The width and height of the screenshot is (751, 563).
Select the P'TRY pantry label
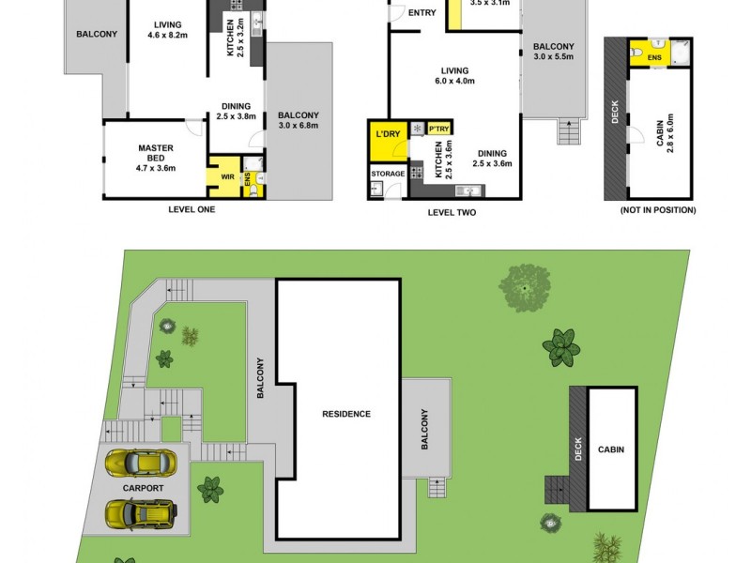438,129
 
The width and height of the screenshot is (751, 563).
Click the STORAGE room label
388,174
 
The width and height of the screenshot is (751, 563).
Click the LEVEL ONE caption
191,209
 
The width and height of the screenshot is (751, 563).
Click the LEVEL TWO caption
452,212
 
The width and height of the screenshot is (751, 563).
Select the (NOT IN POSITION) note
658,210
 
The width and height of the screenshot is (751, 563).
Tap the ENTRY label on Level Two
422,12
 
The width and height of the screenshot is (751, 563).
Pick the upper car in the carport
141,463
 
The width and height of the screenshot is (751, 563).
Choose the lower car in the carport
141,513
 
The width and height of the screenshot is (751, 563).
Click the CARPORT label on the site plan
143,488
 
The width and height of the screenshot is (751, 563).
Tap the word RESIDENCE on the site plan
346,414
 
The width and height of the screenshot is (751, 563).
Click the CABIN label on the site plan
610,449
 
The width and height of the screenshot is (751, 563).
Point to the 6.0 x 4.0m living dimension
455,82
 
